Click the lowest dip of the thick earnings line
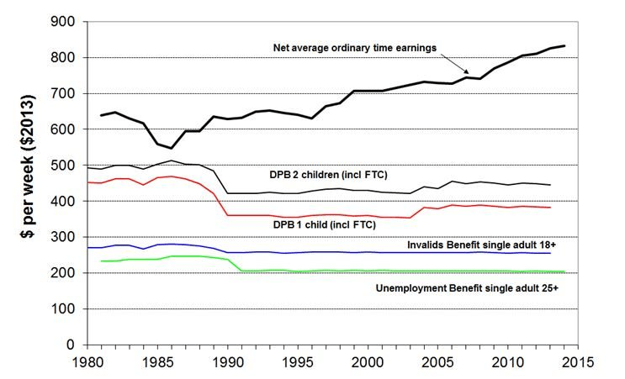(172, 148)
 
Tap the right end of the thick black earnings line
(564, 46)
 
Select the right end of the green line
(564, 271)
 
